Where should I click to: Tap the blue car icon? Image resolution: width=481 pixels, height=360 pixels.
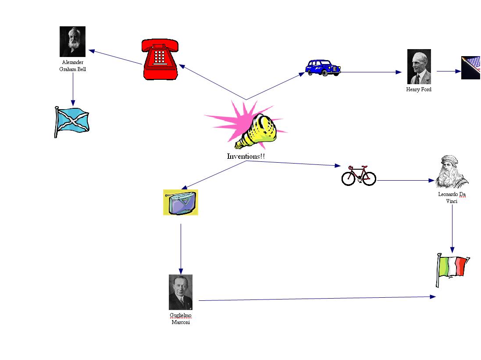click(x=323, y=68)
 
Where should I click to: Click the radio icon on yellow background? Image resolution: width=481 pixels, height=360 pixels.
click(x=181, y=203)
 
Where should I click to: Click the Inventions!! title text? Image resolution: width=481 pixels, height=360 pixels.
click(x=246, y=156)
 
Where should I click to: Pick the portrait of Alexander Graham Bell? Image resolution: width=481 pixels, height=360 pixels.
click(x=72, y=42)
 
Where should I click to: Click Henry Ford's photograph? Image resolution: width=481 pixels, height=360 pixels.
click(x=419, y=67)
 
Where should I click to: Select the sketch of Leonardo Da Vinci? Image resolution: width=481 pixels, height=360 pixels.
click(x=452, y=171)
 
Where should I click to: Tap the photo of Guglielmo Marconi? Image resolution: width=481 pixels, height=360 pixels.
click(x=181, y=292)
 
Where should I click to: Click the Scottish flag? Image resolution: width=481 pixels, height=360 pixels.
click(x=71, y=121)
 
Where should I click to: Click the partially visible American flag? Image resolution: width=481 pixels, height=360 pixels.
click(x=471, y=68)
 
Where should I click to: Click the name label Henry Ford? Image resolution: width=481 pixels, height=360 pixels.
click(x=419, y=89)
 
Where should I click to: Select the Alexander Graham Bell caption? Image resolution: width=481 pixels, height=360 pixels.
click(x=72, y=66)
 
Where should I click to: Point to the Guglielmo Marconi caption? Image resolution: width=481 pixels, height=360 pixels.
click(x=181, y=319)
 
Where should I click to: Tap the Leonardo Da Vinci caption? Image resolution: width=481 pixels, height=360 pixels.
click(x=452, y=197)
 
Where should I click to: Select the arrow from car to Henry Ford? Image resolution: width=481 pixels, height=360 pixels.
click(x=371, y=72)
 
